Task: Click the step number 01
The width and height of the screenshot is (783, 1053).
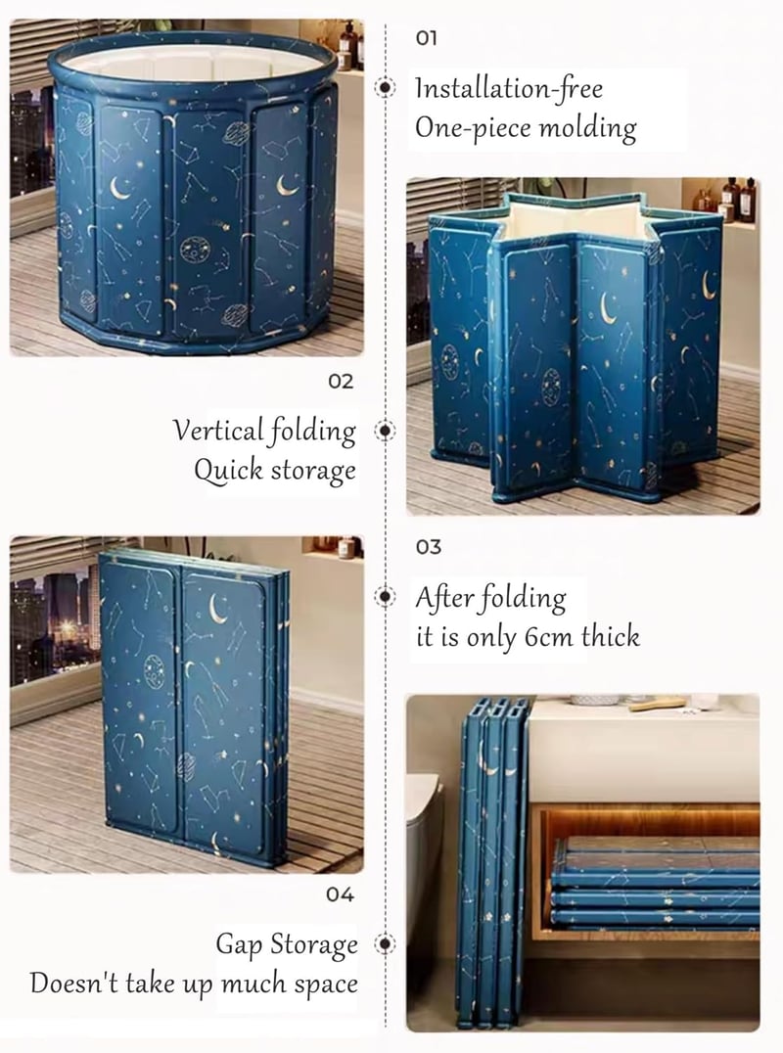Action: pyautogui.click(x=427, y=37)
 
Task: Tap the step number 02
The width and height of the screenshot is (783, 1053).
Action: pyautogui.click(x=341, y=382)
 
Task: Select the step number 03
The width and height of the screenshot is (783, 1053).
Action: pyautogui.click(x=429, y=547)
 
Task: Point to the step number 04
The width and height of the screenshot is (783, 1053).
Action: pyautogui.click(x=340, y=894)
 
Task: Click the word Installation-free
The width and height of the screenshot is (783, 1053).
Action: pyautogui.click(x=509, y=89)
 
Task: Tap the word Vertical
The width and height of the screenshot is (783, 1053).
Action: pyautogui.click(x=217, y=431)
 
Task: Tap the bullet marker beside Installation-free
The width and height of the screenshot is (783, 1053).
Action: pyautogui.click(x=385, y=87)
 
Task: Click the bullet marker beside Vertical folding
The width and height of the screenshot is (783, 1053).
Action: pyautogui.click(x=385, y=430)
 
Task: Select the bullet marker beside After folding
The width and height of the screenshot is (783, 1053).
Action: pyautogui.click(x=385, y=596)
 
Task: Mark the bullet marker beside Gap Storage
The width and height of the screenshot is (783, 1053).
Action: pyautogui.click(x=385, y=943)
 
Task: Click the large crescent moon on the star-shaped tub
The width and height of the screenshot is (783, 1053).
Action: pyautogui.click(x=608, y=308)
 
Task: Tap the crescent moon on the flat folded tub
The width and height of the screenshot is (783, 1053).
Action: pyautogui.click(x=217, y=609)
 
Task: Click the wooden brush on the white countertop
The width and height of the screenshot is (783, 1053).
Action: pyautogui.click(x=657, y=705)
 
